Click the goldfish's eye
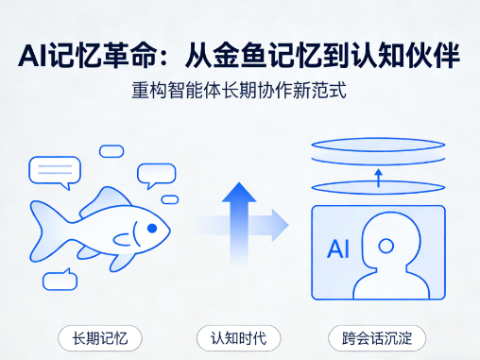coord(152,228)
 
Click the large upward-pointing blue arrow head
coord(239,192)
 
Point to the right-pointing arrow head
coord(280,225)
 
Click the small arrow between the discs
coord(379,178)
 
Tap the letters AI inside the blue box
coord(338,249)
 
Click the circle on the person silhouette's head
coord(386,246)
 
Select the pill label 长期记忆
coord(100,338)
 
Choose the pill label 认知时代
coord(238,338)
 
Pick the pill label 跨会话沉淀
coord(377,338)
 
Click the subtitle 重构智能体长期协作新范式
coord(239,90)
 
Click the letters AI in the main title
coord(34,56)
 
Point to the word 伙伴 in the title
coord(433,56)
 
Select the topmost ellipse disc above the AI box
coord(378,145)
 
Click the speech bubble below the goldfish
coord(60,280)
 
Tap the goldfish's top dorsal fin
coord(106,200)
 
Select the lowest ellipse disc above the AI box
coord(378,187)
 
